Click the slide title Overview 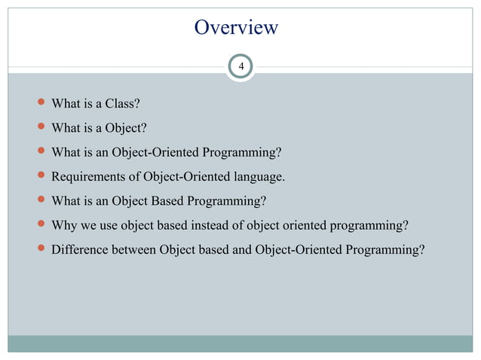pyautogui.click(x=236, y=28)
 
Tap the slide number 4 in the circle pyautogui.click(x=240, y=68)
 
